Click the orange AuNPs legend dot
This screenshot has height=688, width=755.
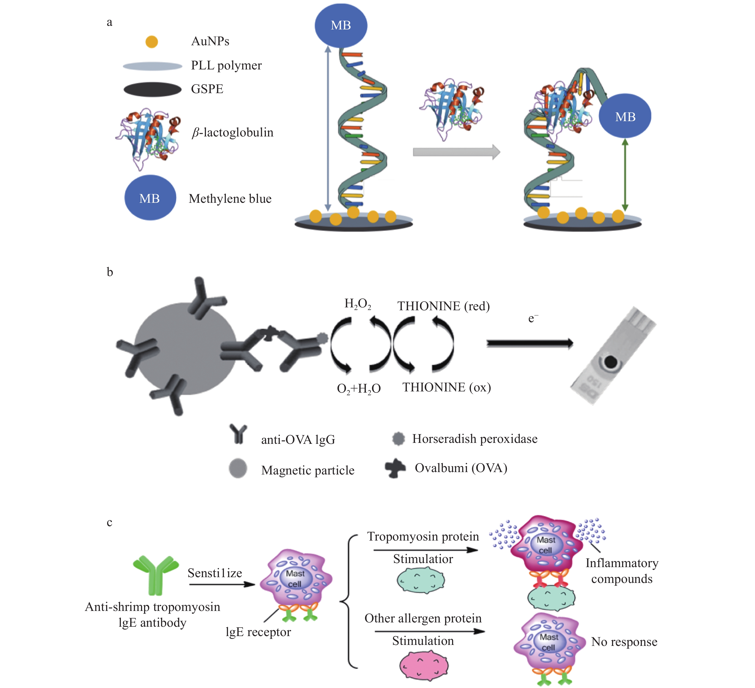[152, 41]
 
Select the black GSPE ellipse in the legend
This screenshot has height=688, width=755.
[152, 90]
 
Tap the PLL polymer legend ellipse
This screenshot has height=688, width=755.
[152, 66]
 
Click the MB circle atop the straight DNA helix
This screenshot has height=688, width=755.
[341, 25]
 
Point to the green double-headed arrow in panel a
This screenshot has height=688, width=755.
[624, 175]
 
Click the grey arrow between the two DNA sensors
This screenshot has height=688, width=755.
[456, 152]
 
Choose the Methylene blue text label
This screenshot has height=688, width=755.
[230, 199]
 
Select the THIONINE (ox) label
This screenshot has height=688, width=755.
[446, 387]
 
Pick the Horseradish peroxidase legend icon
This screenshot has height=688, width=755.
[398, 439]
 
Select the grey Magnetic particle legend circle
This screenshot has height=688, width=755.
[238, 468]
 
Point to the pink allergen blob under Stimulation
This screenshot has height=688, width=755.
[424, 665]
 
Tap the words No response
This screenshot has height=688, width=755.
[624, 642]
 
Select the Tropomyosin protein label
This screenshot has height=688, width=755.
[423, 536]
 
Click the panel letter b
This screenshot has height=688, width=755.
[110, 272]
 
